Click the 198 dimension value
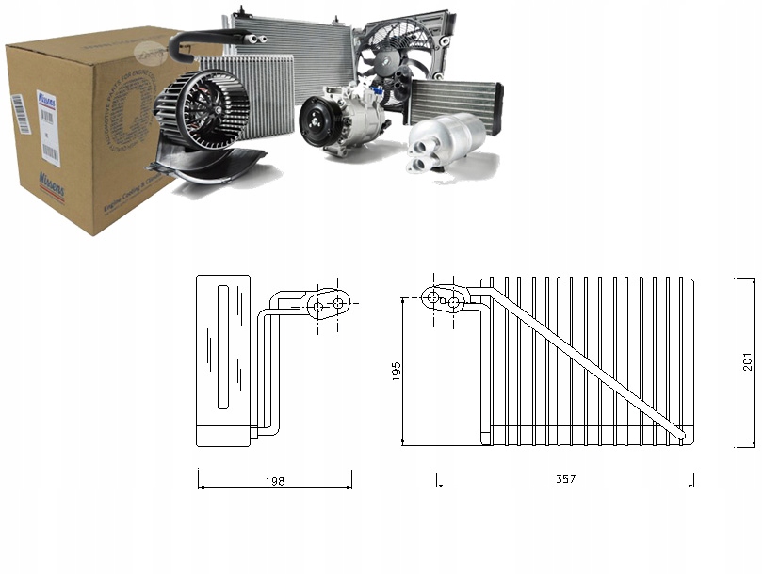[275, 480]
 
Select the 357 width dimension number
[565, 479]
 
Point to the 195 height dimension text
[396, 372]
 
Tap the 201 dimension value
[747, 361]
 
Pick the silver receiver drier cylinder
[445, 140]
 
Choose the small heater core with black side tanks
[455, 100]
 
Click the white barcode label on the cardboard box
[48, 122]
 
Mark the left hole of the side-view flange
[318, 306]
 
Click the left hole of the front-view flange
[433, 297]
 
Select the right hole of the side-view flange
[337, 304]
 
